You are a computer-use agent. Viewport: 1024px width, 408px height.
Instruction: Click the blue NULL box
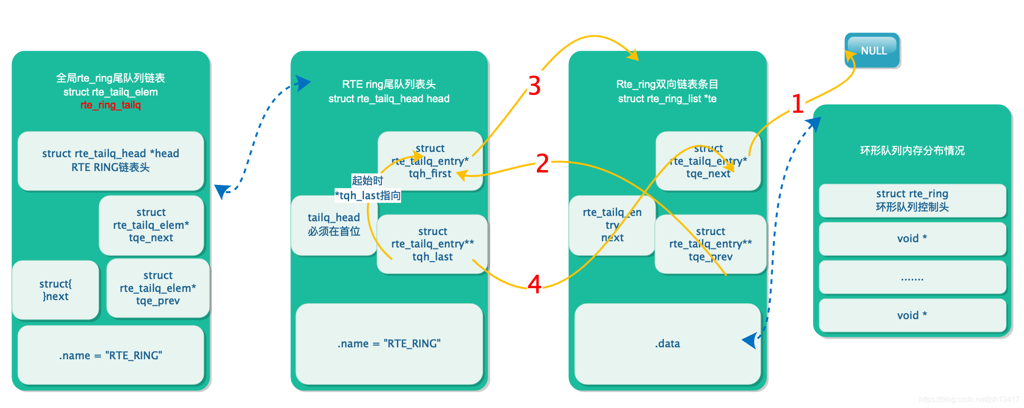[x=873, y=50]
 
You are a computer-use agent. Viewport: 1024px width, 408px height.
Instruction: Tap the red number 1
[x=797, y=104]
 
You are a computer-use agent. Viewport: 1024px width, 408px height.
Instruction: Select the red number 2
[x=542, y=163]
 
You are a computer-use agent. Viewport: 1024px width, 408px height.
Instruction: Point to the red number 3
[x=534, y=86]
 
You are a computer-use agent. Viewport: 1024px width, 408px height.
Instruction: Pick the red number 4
[x=534, y=285]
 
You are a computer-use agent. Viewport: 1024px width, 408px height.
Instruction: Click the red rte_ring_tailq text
[x=110, y=105]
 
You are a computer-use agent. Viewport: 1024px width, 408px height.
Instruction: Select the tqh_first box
[x=430, y=161]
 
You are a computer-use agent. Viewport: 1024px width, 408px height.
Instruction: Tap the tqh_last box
[x=432, y=244]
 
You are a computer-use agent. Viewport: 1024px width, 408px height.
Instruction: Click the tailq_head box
[x=333, y=225]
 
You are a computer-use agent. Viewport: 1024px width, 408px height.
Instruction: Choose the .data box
[x=667, y=344]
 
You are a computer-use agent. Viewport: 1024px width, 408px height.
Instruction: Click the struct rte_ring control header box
[x=912, y=200]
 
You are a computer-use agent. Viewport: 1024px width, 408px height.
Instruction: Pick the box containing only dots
[x=912, y=277]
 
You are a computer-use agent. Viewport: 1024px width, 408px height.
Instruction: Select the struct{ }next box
[x=55, y=290]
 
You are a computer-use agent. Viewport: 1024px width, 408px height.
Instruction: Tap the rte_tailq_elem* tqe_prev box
[x=158, y=288]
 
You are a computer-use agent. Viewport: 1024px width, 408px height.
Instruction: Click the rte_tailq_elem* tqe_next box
[x=151, y=225]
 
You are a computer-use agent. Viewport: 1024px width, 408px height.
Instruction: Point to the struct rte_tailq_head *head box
[x=111, y=161]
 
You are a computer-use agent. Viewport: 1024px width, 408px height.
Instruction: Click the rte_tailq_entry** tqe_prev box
[x=710, y=244]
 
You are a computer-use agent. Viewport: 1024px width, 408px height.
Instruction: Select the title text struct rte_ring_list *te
[x=667, y=99]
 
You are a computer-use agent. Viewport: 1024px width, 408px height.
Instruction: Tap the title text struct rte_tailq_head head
[x=389, y=99]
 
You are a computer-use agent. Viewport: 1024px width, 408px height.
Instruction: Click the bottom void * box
[x=912, y=315]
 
